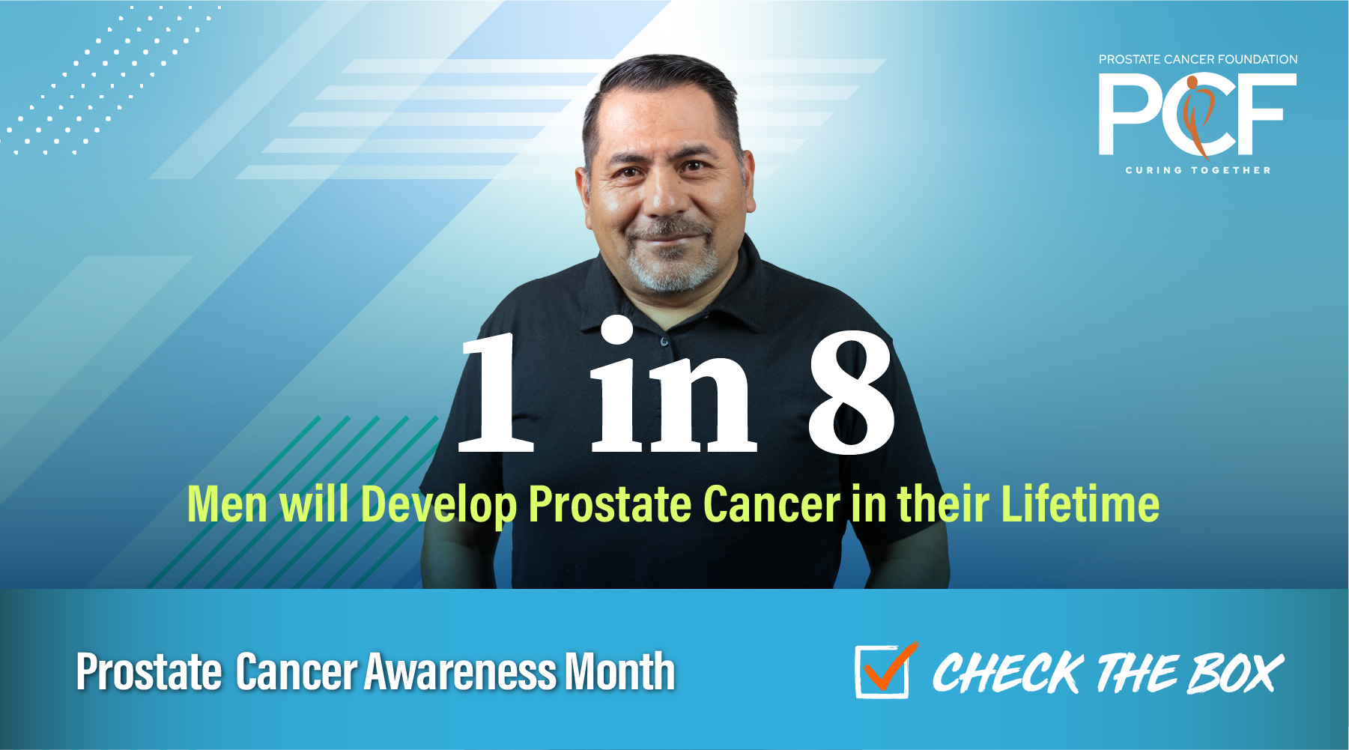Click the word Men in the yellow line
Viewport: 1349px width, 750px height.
[x=227, y=503]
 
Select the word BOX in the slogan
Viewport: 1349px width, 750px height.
[x=1235, y=672]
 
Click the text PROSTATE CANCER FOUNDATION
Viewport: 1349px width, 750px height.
[x=1198, y=59]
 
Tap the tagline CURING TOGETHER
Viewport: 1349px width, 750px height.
[x=1198, y=170]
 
